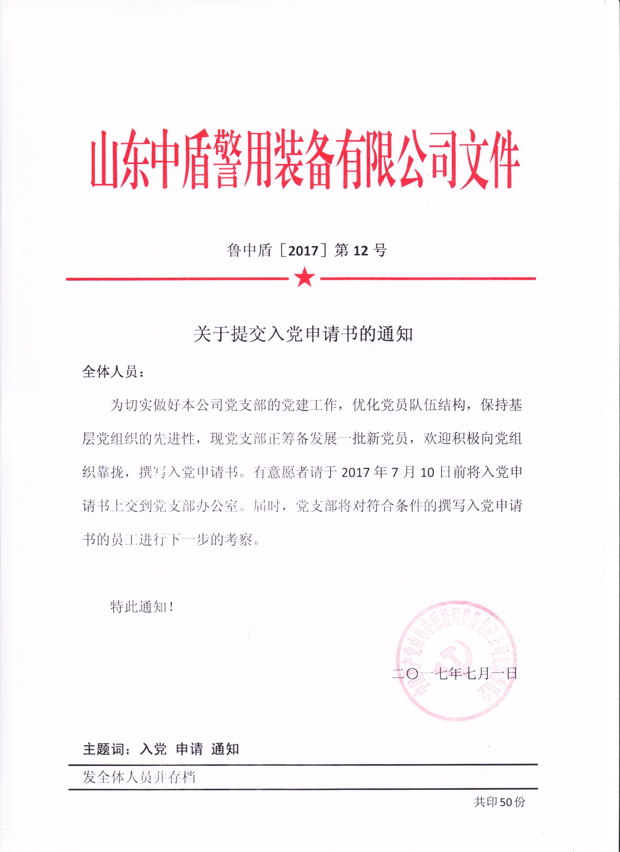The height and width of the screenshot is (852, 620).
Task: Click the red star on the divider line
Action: tap(305, 278)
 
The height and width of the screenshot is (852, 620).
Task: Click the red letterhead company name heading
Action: tap(305, 159)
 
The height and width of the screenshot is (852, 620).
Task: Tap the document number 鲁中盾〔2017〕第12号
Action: tap(306, 250)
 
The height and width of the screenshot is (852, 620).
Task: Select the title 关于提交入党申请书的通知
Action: tap(303, 334)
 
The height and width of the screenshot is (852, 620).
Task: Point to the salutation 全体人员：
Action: tap(113, 372)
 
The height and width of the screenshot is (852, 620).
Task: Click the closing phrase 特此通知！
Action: tap(142, 606)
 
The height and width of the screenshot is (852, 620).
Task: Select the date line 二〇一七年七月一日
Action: tap(454, 674)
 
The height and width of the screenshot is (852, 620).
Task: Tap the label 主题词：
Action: tap(107, 749)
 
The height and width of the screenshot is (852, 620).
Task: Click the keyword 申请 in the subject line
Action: tap(189, 749)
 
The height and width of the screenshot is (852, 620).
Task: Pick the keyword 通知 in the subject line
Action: tap(225, 749)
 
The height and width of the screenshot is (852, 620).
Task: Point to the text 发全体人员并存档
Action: tap(139, 777)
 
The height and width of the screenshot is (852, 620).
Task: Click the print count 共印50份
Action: tap(499, 802)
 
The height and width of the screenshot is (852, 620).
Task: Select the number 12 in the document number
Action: tap(360, 250)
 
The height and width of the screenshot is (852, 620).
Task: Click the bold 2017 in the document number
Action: tap(303, 250)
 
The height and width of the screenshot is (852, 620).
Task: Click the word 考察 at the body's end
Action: tap(238, 539)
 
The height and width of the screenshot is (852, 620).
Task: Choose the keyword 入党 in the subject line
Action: tap(153, 749)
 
